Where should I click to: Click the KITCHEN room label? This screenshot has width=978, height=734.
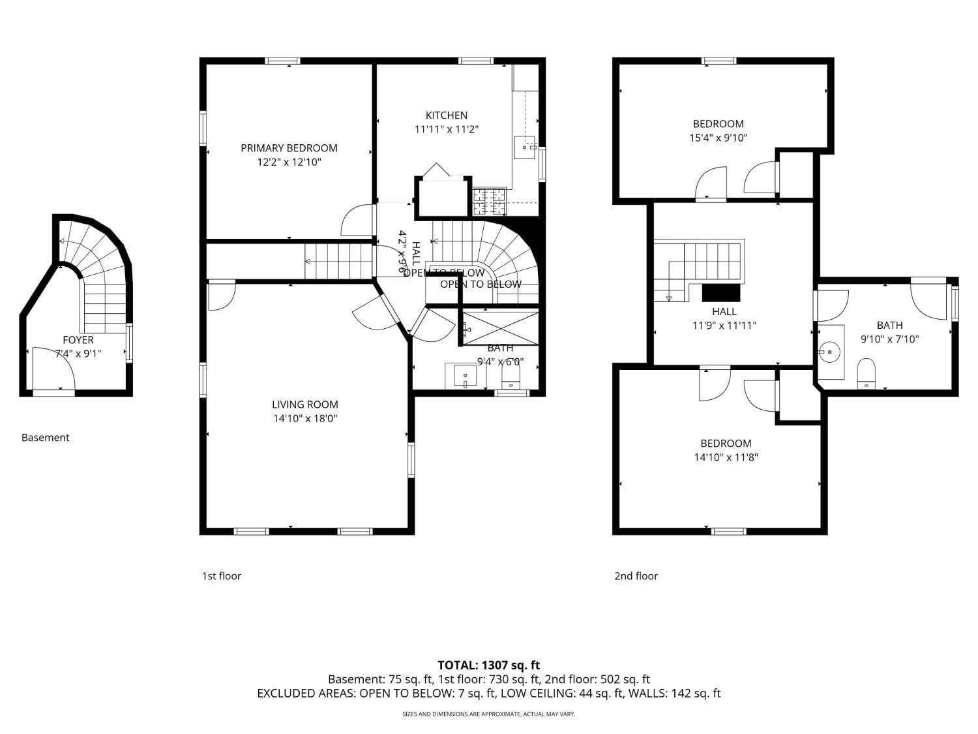click(x=447, y=115)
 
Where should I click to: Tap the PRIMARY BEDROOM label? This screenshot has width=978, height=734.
click(x=289, y=148)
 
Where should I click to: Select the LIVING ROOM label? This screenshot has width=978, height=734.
click(x=305, y=405)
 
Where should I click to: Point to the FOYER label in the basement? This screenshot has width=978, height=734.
click(x=78, y=340)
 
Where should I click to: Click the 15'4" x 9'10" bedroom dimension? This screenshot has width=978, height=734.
click(x=718, y=138)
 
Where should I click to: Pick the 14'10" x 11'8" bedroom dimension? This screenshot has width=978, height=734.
click(x=726, y=457)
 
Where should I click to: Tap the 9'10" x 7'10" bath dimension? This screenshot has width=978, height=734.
click(x=889, y=339)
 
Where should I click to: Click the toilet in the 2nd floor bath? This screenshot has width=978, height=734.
click(x=866, y=373)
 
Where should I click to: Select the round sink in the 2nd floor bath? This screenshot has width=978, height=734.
click(x=829, y=352)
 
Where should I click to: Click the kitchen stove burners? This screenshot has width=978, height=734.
click(x=490, y=201)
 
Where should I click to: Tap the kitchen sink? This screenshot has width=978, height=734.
click(x=525, y=147)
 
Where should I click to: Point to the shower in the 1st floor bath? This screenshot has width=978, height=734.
click(x=501, y=328)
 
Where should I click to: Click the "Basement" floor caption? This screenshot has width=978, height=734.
click(x=45, y=438)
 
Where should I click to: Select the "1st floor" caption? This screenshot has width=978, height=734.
click(x=221, y=576)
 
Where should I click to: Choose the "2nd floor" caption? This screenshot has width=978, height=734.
click(x=636, y=576)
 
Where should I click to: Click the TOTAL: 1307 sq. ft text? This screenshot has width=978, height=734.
click(x=488, y=665)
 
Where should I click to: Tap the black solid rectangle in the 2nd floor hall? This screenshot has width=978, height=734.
click(x=721, y=292)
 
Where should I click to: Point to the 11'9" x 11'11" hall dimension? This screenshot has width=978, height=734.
click(x=724, y=326)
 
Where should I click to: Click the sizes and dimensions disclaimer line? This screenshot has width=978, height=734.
click(x=488, y=714)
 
